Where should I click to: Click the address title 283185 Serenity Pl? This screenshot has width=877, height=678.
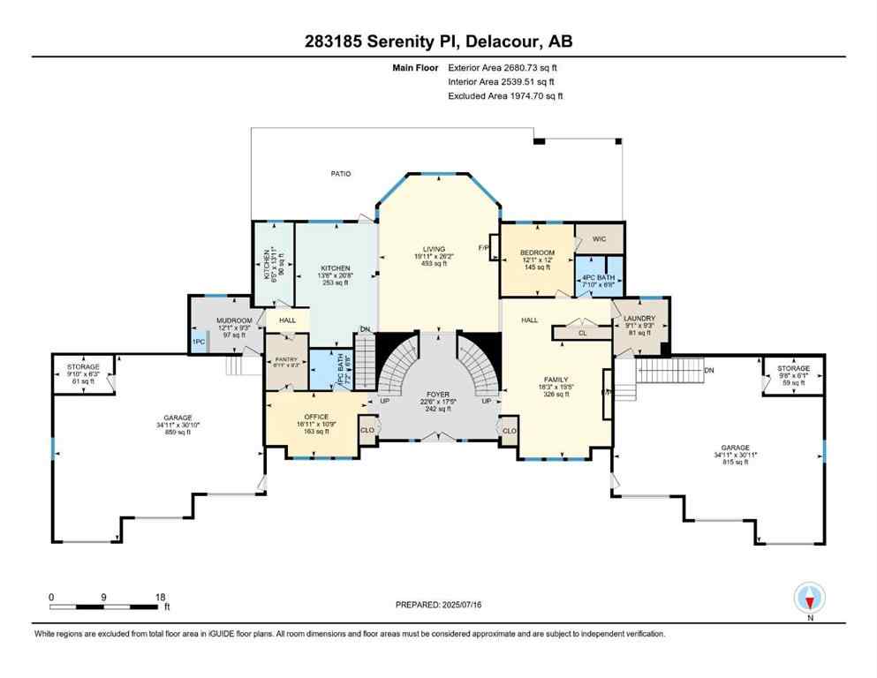click(438, 41)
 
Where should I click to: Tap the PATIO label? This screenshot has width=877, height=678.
click(340, 174)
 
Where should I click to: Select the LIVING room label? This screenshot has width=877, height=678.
click(434, 249)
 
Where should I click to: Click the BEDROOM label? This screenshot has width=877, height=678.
click(536, 252)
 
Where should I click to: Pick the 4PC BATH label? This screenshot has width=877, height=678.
click(598, 277)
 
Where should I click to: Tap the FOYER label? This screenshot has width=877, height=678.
click(438, 394)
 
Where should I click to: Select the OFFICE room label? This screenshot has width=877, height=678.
click(316, 417)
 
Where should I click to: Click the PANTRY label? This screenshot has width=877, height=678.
click(287, 359)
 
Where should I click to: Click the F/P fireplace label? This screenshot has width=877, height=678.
click(484, 247)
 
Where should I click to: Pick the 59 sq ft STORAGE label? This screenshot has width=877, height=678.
click(792, 382)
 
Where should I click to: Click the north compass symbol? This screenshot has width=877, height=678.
click(809, 599)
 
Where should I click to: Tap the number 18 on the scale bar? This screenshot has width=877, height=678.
click(160, 597)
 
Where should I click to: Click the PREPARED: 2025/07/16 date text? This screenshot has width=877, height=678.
click(439, 605)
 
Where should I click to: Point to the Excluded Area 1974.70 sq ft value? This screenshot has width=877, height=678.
click(505, 96)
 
